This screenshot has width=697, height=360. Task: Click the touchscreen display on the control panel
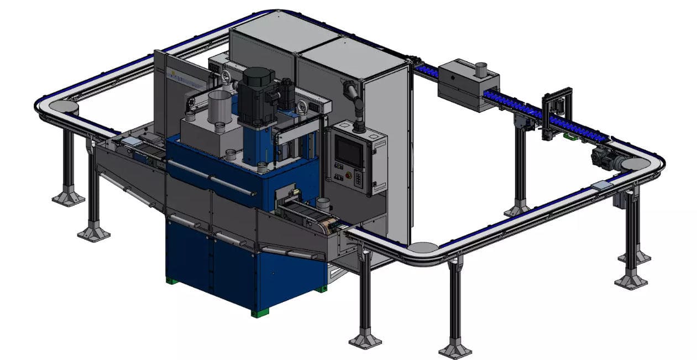coord(349,151)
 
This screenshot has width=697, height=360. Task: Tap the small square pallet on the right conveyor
coord(601,186)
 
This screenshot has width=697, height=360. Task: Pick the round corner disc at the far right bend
coord(633,164)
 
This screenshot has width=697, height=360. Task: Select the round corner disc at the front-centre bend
coord(423,247)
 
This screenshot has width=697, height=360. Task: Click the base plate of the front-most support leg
coord(455,351)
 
